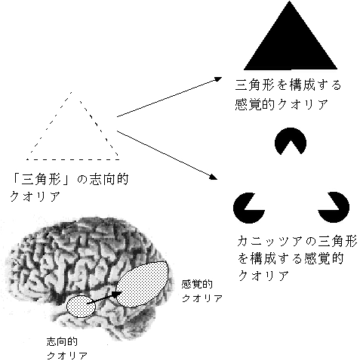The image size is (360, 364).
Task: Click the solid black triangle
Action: [290, 45]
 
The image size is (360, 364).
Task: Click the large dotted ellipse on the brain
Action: [143, 284]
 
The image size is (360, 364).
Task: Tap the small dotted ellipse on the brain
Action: [81, 307]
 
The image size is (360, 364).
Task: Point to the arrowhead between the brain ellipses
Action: [116, 295]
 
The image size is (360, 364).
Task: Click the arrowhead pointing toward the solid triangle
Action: [218, 79]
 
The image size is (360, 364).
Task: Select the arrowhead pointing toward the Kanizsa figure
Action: [214, 177]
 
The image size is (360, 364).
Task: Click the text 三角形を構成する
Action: [288, 85]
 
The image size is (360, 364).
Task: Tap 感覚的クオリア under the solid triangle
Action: [282, 104]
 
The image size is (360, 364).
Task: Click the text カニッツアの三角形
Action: [297, 241]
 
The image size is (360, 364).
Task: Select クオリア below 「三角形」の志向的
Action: [35, 196]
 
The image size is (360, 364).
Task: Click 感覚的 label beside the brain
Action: [197, 285]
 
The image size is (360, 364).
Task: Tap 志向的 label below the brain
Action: [62, 341]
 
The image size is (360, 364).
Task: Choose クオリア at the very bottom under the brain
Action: [67, 356]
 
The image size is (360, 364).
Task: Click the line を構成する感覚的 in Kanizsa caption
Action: [291, 259]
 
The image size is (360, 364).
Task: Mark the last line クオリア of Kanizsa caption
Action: [263, 276]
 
